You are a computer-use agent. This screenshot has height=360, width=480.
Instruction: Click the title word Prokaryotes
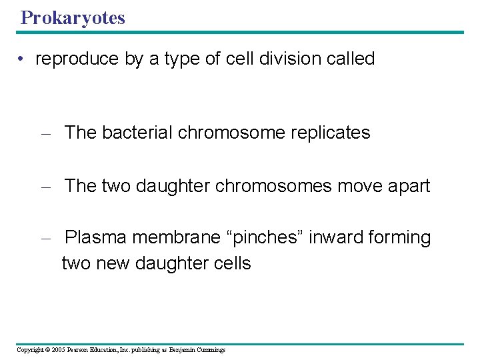(x=73, y=18)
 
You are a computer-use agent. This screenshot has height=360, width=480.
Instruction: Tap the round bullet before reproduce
(x=23, y=59)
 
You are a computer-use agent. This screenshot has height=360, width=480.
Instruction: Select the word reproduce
(x=77, y=59)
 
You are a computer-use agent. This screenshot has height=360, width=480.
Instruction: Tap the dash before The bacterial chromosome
(x=45, y=133)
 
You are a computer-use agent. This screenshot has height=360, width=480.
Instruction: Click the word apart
(x=407, y=186)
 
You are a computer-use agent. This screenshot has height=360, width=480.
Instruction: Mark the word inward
(x=331, y=237)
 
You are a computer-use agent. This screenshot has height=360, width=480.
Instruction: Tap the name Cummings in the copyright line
(x=211, y=350)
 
